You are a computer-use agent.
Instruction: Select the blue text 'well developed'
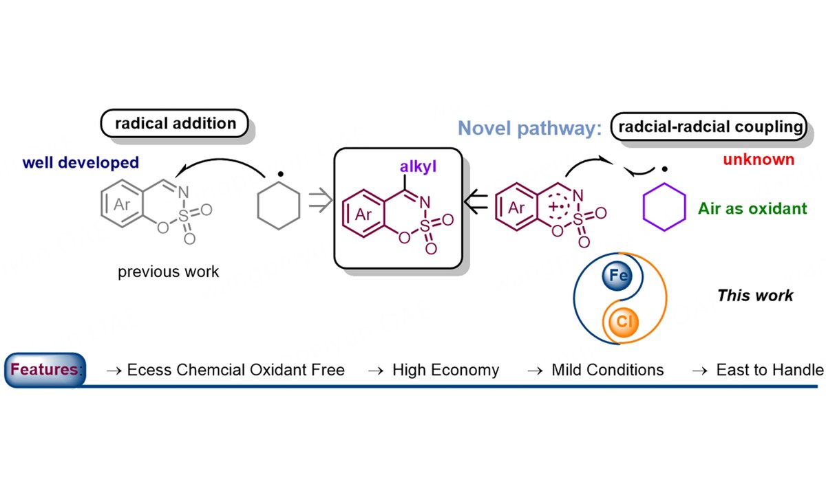click(81, 163)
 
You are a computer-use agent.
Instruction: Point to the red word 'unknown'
click(759, 159)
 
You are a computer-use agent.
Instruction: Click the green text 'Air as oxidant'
click(753, 208)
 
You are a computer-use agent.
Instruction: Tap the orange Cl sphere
click(617, 321)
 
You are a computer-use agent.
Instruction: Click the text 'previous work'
click(169, 272)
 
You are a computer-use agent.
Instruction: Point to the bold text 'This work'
click(755, 296)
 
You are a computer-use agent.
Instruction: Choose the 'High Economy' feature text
click(445, 371)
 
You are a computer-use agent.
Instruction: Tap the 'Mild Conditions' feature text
click(607, 371)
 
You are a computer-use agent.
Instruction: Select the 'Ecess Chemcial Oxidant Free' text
click(235, 371)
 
